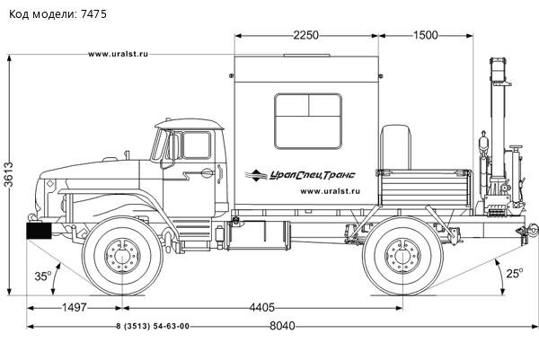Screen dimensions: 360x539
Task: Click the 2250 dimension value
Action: tap(305, 35)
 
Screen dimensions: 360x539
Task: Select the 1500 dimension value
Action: tap(425, 35)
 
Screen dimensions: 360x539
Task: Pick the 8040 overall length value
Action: tap(282, 326)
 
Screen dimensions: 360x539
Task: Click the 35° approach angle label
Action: tap(42, 277)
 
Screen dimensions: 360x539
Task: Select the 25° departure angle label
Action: tap(514, 273)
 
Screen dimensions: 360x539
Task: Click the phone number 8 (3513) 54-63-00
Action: tap(153, 326)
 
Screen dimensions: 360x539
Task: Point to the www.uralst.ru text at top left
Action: tap(119, 55)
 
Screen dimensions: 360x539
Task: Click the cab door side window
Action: tap(194, 145)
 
